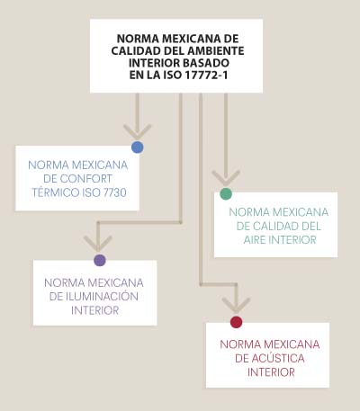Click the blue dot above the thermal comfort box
pyautogui.click(x=138, y=147)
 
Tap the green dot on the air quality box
pyautogui.click(x=226, y=194)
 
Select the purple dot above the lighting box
pyautogui.click(x=100, y=260)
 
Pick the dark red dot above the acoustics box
pyautogui.click(x=237, y=322)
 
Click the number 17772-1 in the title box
pyautogui.click(x=206, y=75)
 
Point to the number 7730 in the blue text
pyautogui.click(x=115, y=192)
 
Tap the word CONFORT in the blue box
pyautogui.click(x=85, y=179)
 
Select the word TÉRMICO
pyautogui.click(x=56, y=192)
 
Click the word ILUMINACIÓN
pyautogui.click(x=102, y=296)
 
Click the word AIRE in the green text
pyautogui.click(x=255, y=240)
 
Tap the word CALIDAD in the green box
pyautogui.click(x=268, y=226)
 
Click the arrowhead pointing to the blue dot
pyautogui.click(x=138, y=132)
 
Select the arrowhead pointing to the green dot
pyautogui.click(x=226, y=178)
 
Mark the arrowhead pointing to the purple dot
pyautogui.click(x=98, y=244)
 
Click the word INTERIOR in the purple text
pyautogui.click(x=95, y=310)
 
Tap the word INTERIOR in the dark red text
pyautogui.click(x=271, y=372)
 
